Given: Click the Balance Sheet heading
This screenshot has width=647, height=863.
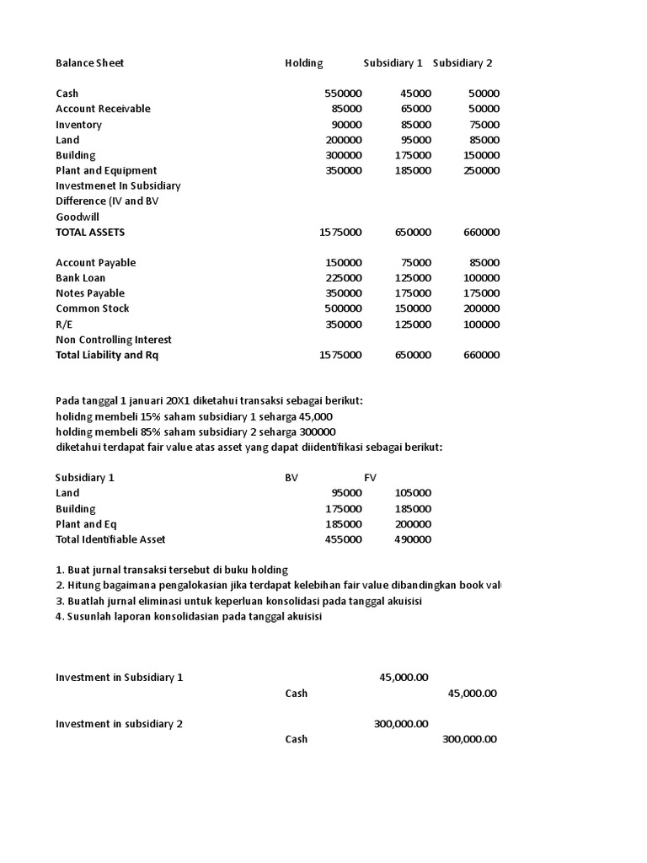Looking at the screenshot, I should (89, 63).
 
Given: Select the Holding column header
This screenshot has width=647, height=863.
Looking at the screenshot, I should (303, 63).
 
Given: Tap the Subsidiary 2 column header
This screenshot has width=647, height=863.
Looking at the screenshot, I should (463, 63).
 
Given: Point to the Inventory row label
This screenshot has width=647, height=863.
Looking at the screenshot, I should (78, 125).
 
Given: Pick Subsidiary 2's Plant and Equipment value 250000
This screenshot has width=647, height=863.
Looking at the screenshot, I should (481, 170).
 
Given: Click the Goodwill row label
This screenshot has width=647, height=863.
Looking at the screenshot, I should (78, 217).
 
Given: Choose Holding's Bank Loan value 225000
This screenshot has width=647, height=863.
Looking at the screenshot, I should (344, 278).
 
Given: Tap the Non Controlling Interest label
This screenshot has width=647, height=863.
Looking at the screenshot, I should (114, 340).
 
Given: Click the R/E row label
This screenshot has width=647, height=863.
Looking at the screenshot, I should (64, 324).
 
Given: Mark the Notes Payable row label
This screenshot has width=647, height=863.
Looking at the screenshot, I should (89, 293).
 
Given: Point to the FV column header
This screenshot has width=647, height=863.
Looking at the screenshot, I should (371, 477).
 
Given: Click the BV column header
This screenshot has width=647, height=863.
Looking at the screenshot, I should (291, 477).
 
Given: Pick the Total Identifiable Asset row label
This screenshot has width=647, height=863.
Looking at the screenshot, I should (110, 539).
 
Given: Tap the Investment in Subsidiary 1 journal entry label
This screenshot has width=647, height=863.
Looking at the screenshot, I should (119, 678).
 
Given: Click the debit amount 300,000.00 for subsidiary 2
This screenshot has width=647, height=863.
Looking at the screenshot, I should (401, 724).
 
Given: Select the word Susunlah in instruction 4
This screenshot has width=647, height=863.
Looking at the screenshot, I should (89, 616).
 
